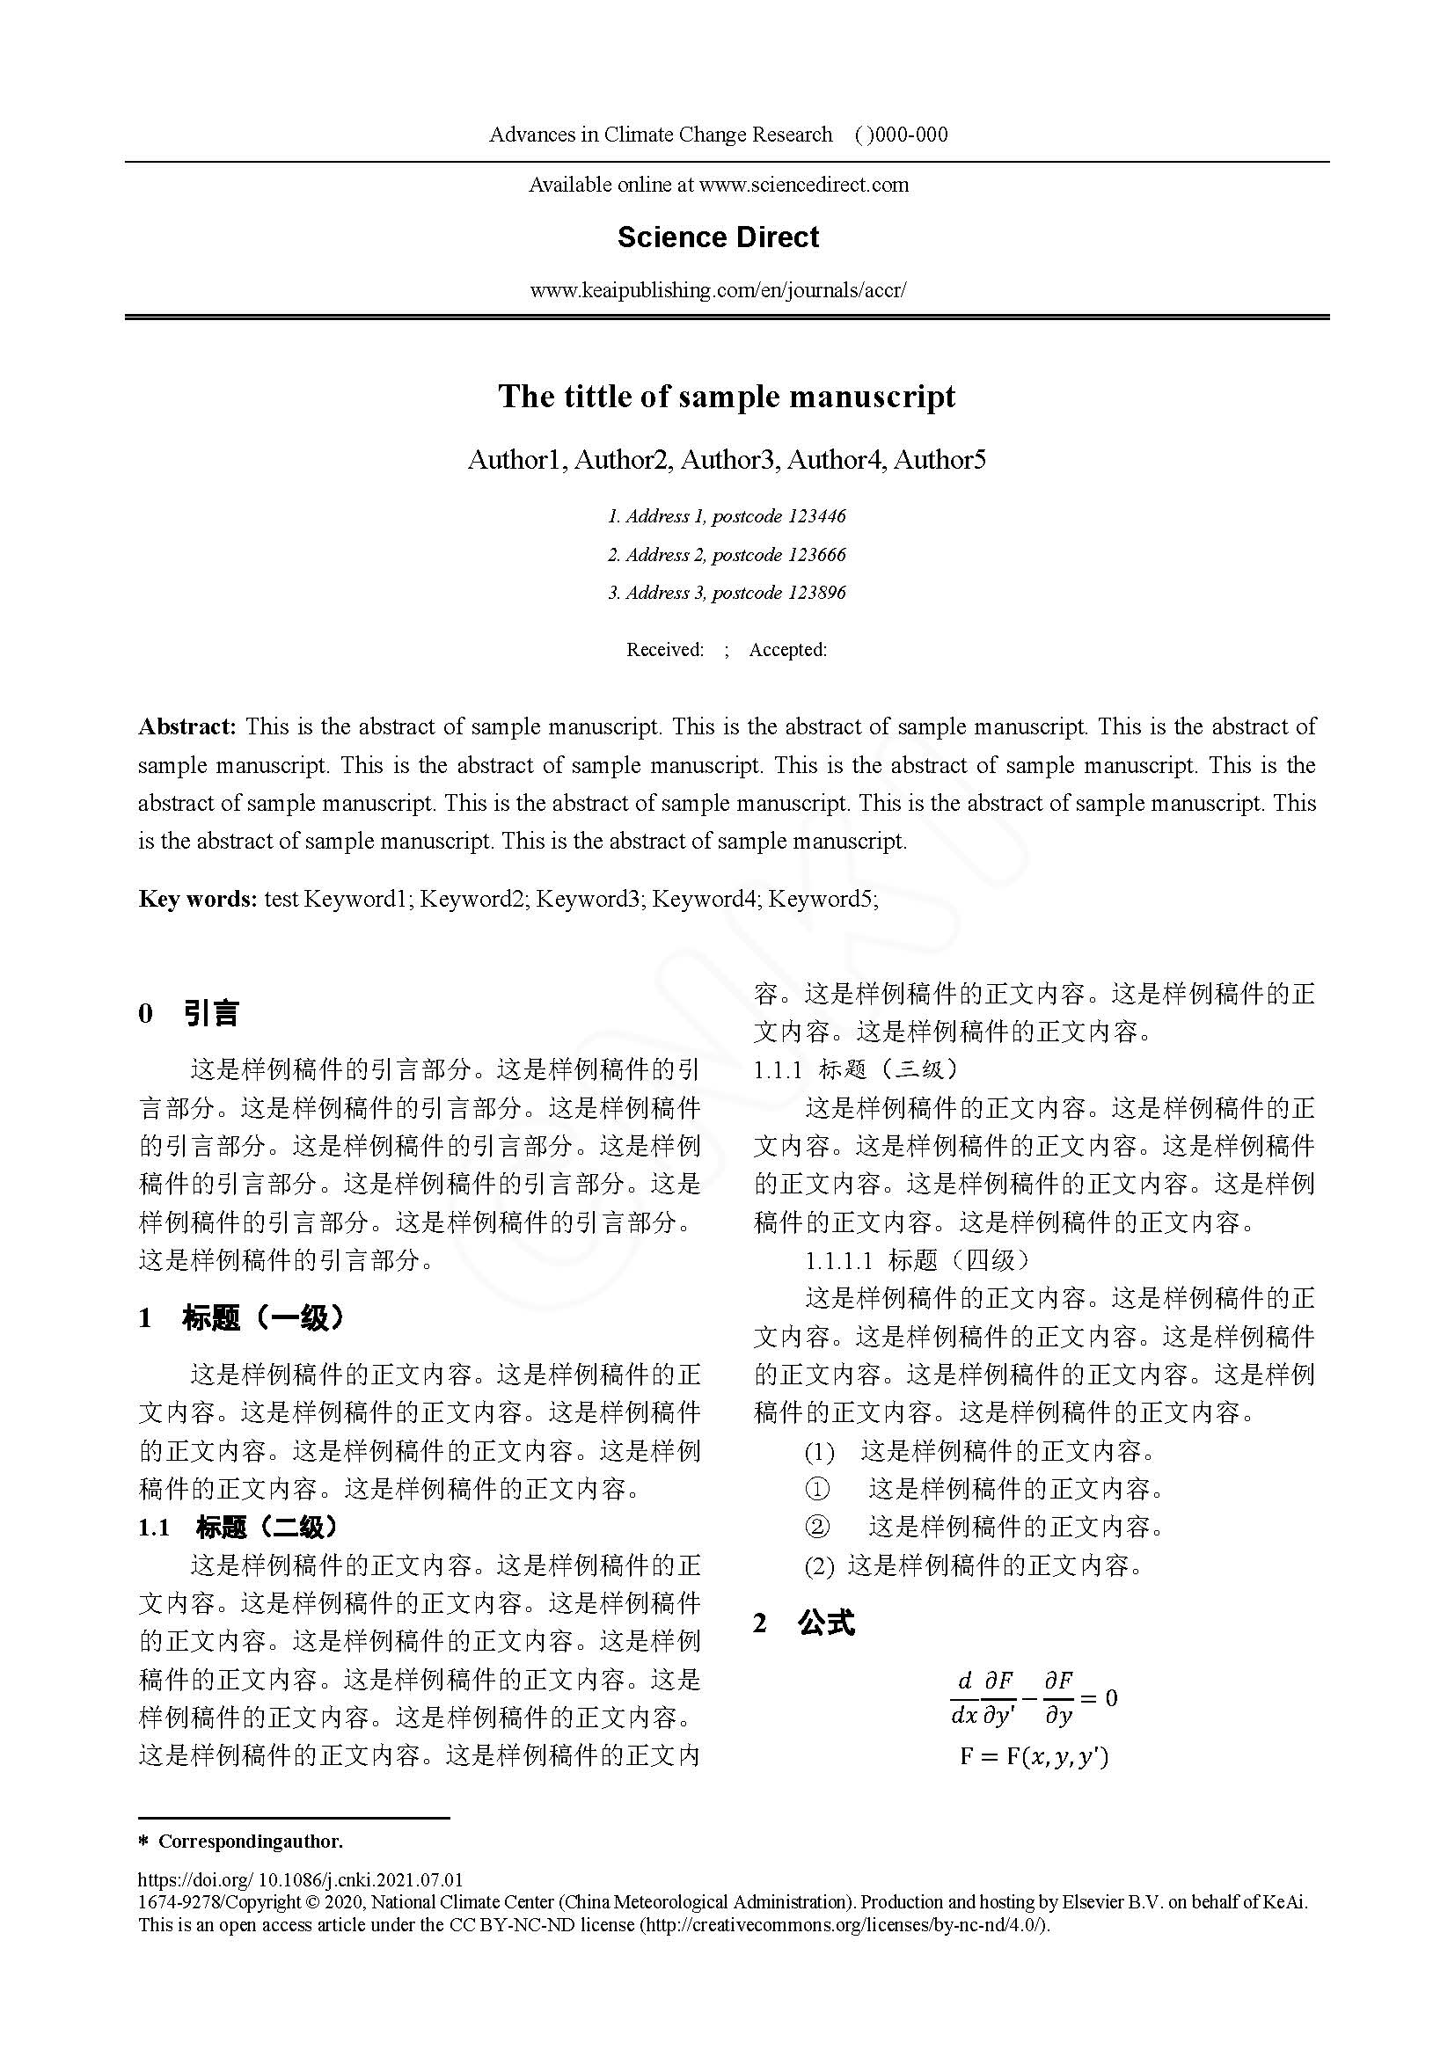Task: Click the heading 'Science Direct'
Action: (x=718, y=237)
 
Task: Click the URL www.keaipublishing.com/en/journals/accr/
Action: (x=718, y=290)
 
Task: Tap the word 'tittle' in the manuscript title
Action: (x=596, y=396)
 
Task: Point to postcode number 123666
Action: (x=816, y=555)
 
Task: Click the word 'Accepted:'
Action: (x=787, y=650)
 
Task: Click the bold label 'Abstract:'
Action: (x=186, y=726)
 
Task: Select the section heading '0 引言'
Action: (x=189, y=1013)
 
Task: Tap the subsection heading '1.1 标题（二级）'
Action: (x=238, y=1527)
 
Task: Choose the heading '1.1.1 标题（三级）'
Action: (x=856, y=1069)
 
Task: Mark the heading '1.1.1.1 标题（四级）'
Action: (x=918, y=1260)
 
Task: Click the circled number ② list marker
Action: (x=817, y=1527)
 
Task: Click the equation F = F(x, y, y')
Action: (x=1033, y=1756)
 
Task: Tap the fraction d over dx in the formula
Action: (x=964, y=1699)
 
